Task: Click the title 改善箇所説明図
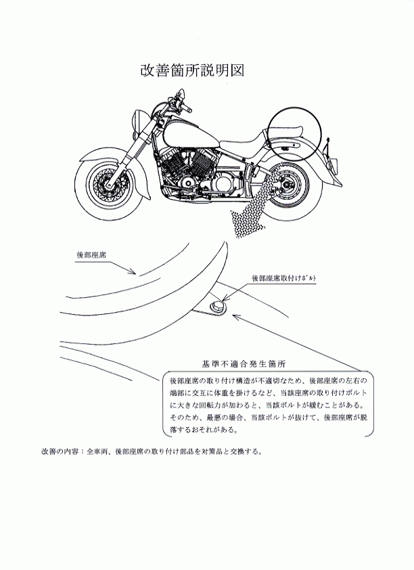point(192,70)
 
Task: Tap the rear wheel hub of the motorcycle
point(287,186)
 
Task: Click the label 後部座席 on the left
point(91,255)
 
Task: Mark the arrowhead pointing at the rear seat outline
point(133,271)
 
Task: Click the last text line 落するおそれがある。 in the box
point(204,430)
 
